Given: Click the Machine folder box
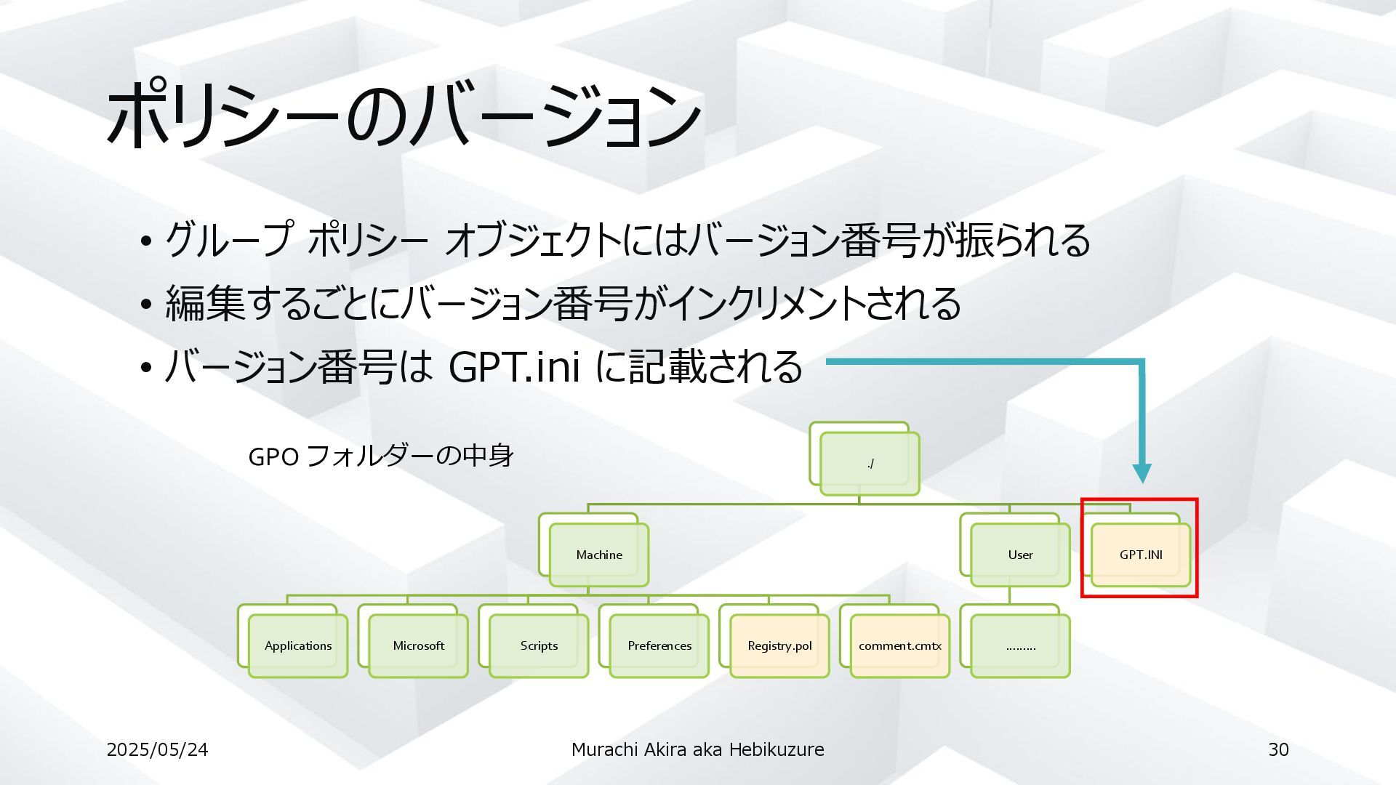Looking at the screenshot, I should [598, 555].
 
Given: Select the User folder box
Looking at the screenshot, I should [1020, 555].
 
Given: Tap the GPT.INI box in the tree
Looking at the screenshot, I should [1140, 555].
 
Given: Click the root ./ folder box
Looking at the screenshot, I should [870, 464].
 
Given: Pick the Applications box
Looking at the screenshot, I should [297, 645].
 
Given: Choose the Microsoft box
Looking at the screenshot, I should [418, 645].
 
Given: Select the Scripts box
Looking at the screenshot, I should [539, 645].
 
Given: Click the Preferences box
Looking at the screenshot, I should [659, 645].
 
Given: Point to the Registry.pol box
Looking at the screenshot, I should [779, 645].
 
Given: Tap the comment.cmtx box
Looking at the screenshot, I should [899, 645].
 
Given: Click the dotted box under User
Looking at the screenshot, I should [1020, 645].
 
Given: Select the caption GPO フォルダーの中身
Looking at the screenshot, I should [381, 456].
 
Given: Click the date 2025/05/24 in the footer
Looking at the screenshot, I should [157, 749].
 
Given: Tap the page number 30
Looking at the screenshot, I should [1278, 749].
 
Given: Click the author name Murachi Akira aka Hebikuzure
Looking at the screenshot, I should [697, 749].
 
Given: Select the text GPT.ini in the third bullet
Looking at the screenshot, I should [514, 366].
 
